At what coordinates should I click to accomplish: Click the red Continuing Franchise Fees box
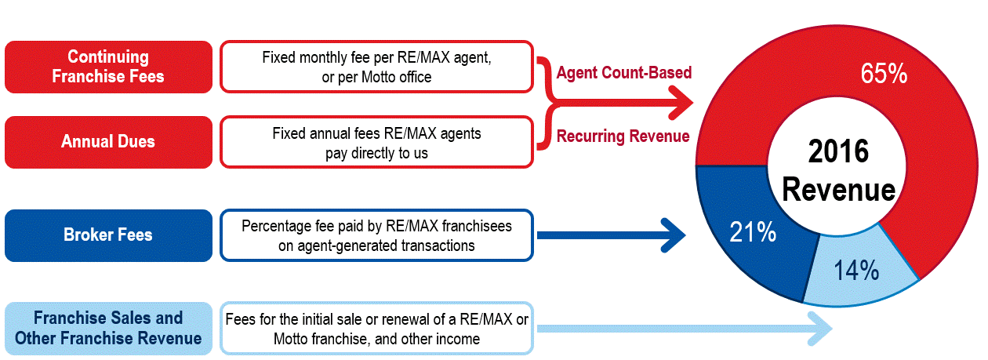(x=108, y=67)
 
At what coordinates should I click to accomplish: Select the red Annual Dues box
(x=108, y=142)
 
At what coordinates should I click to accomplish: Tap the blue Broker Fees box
(x=108, y=235)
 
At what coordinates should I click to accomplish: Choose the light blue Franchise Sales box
(x=108, y=328)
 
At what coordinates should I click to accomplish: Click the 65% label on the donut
(x=883, y=75)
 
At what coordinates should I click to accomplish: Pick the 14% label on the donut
(x=856, y=271)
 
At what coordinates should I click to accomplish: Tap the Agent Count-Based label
(x=624, y=73)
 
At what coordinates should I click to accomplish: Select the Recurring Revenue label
(x=623, y=136)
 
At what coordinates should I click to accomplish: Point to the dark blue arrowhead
(x=671, y=234)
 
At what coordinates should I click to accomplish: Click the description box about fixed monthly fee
(x=376, y=67)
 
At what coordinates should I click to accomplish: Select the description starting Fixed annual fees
(x=376, y=142)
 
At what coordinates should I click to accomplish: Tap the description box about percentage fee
(x=376, y=235)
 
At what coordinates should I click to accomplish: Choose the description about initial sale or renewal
(x=376, y=328)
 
